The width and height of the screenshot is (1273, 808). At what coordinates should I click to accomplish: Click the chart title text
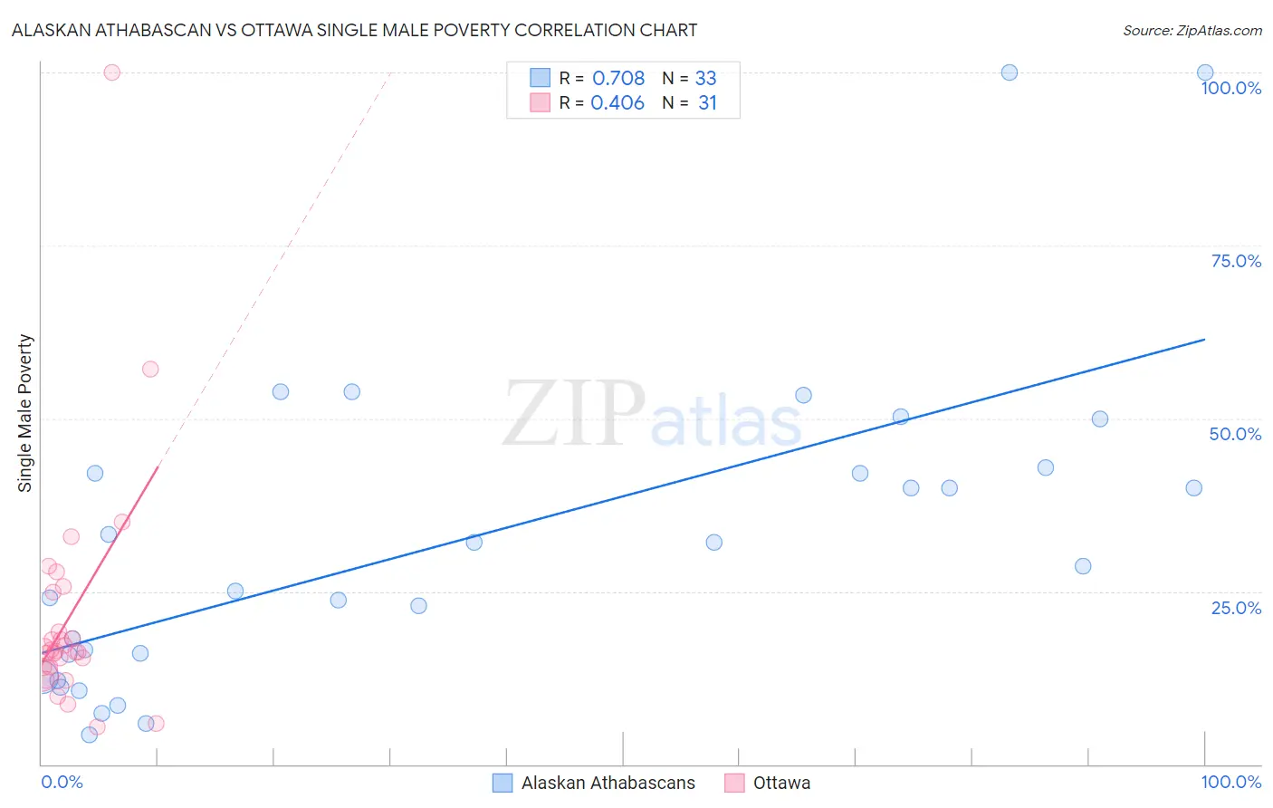pyautogui.click(x=354, y=30)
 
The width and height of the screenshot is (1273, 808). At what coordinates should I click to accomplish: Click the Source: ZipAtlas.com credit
pyautogui.click(x=1192, y=30)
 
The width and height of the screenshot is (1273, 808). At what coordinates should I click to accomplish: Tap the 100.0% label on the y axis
pyautogui.click(x=1230, y=88)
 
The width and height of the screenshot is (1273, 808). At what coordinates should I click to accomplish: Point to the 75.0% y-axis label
pyautogui.click(x=1236, y=261)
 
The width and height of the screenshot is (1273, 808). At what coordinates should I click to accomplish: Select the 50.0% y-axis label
pyautogui.click(x=1235, y=434)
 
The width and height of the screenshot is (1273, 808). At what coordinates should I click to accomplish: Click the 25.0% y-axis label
pyautogui.click(x=1236, y=608)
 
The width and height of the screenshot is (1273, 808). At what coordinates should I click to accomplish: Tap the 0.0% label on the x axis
pyautogui.click(x=62, y=782)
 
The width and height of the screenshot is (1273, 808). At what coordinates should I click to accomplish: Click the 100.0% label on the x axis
pyautogui.click(x=1230, y=782)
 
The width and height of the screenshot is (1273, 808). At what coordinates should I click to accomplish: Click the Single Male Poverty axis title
pyautogui.click(x=25, y=413)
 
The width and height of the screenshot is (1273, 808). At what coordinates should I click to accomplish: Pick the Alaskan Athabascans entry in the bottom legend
pyautogui.click(x=608, y=783)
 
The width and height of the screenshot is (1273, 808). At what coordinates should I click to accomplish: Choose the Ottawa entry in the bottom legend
pyautogui.click(x=781, y=783)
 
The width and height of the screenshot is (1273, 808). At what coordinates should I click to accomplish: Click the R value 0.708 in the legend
pyautogui.click(x=618, y=79)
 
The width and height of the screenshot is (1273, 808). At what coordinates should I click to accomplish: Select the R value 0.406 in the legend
pyautogui.click(x=617, y=103)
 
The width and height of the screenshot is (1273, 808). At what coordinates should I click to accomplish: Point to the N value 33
pyautogui.click(x=705, y=79)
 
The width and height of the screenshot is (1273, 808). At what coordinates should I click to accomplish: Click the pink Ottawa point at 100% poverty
pyautogui.click(x=112, y=72)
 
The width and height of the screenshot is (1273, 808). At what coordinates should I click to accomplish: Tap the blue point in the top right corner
pyautogui.click(x=1205, y=72)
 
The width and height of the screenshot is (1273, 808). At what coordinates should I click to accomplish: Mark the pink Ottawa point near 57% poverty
pyautogui.click(x=150, y=369)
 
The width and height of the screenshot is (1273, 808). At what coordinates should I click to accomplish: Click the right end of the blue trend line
pyautogui.click(x=1204, y=339)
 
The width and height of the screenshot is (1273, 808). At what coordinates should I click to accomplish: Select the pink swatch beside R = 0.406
pyautogui.click(x=541, y=103)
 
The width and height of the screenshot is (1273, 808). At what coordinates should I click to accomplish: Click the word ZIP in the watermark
pyautogui.click(x=573, y=415)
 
